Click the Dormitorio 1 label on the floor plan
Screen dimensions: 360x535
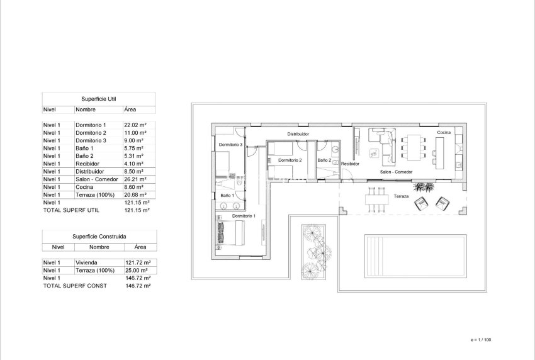pos(243,216)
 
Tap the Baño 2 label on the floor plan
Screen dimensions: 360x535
pos(324,160)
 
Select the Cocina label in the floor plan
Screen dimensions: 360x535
pos(444,133)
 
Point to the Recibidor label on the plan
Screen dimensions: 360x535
pos(350,164)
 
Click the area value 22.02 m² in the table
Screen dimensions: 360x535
pos(134,125)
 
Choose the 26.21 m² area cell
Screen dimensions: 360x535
pos(134,179)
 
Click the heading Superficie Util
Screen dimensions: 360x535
pos(98,99)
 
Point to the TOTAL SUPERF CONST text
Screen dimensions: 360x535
pos(74,286)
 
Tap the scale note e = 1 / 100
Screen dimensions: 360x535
pos(481,339)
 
